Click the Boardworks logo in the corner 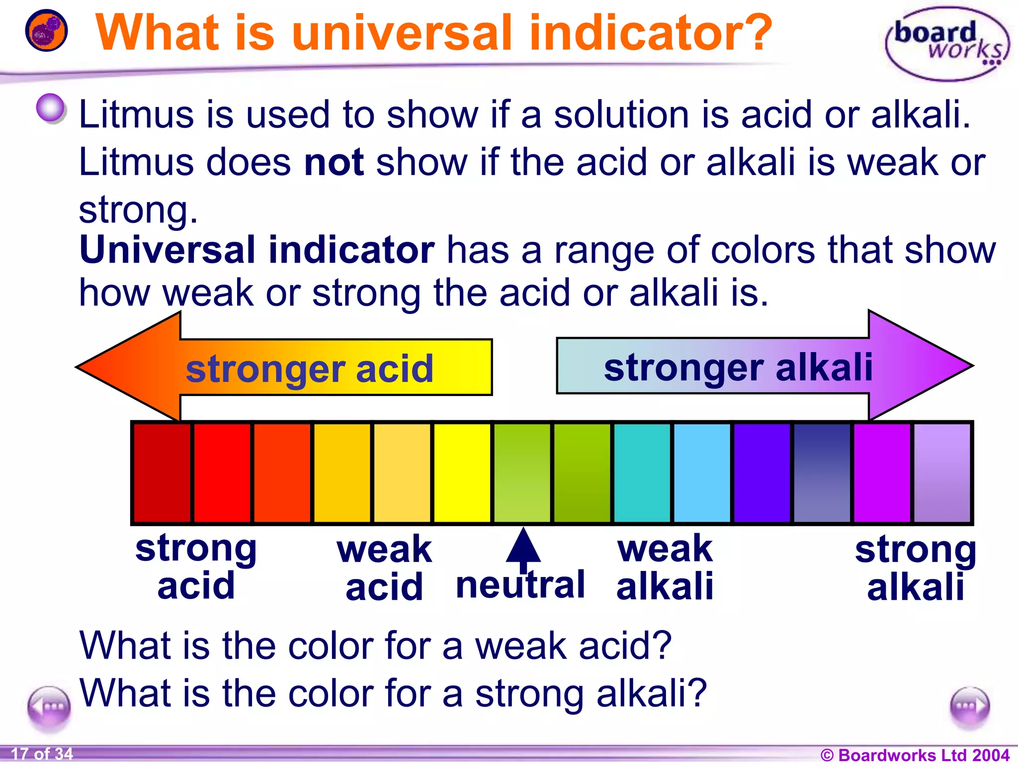point(947,44)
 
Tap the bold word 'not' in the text point(334,162)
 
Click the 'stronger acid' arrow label point(309,369)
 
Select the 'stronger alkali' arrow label point(738,367)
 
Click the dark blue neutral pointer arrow point(523,547)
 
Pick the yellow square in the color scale point(462,473)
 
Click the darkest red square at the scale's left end point(162,473)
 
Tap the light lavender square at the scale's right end point(942,473)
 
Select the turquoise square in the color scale point(642,473)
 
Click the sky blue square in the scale point(702,473)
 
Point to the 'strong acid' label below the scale point(196,567)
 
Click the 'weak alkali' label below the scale point(665,567)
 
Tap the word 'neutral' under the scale point(520,585)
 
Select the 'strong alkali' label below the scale point(916,568)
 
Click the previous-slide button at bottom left point(49,706)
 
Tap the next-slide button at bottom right point(969,706)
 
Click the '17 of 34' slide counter point(42,754)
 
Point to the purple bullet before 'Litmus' point(51,108)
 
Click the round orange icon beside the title point(46,31)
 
